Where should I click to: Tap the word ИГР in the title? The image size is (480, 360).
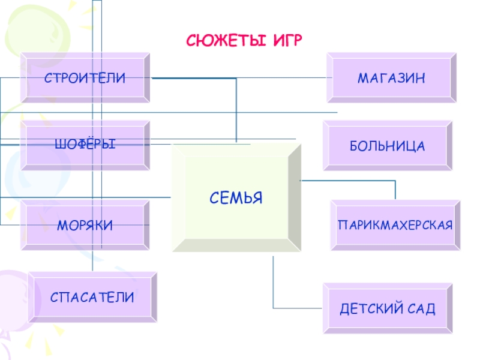point(286,40)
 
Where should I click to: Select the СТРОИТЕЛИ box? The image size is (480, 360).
point(85,77)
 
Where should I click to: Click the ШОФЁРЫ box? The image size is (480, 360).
point(85,145)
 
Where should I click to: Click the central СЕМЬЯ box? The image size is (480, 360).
point(236,197)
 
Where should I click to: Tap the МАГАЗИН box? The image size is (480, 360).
point(391,78)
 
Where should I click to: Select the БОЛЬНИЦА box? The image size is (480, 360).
point(388,146)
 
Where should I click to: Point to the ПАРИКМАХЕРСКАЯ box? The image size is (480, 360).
point(395,226)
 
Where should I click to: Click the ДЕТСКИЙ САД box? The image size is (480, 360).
point(388,309)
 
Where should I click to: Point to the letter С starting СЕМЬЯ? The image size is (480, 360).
point(213,197)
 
